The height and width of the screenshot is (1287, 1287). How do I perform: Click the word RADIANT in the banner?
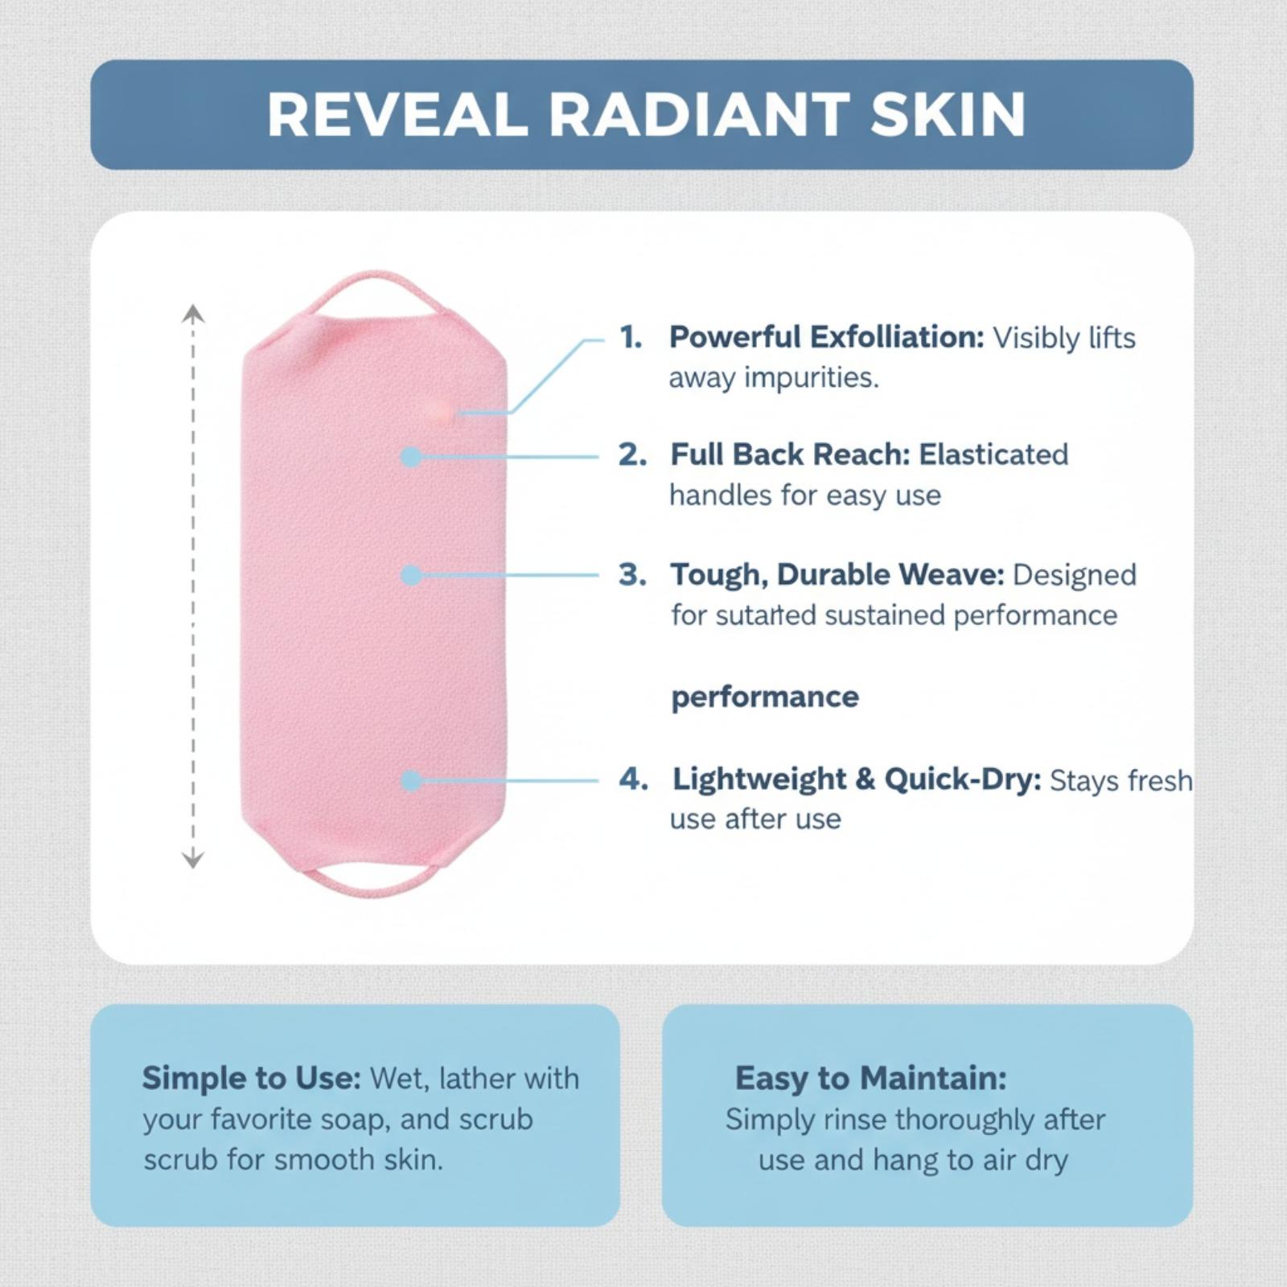[698, 115]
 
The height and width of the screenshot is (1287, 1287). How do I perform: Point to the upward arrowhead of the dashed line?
[192, 314]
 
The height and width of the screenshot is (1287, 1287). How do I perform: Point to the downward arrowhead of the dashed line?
[192, 859]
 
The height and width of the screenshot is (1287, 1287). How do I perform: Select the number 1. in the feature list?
[631, 337]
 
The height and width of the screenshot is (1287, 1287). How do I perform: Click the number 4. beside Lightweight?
[633, 779]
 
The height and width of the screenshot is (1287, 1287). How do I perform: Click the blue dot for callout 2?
[411, 457]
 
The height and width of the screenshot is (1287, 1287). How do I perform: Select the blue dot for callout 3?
[411, 575]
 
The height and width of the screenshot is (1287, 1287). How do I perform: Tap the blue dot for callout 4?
[411, 780]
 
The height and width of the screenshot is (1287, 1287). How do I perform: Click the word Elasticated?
[993, 454]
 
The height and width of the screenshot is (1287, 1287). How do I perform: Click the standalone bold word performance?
[765, 697]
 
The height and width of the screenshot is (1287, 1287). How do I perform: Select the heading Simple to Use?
[252, 1079]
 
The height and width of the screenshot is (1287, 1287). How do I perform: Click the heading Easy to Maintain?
[870, 1079]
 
